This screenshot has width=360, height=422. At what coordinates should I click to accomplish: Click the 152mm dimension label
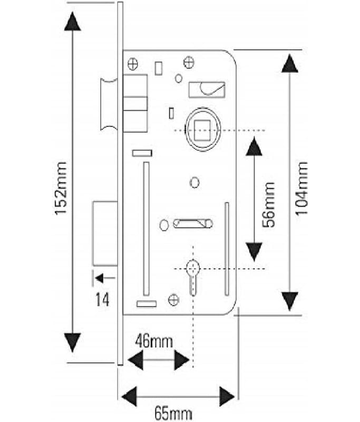[x=61, y=188]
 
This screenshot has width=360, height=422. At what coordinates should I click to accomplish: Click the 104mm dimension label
[x=301, y=188]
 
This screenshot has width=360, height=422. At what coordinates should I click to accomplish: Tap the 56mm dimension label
[x=269, y=205]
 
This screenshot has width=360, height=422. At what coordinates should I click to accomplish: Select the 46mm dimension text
[x=154, y=341]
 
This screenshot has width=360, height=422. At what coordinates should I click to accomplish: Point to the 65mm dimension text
[x=173, y=413]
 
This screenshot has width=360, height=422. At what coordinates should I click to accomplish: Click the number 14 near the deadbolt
[x=102, y=300]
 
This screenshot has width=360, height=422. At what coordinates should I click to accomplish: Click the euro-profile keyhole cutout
[x=193, y=278]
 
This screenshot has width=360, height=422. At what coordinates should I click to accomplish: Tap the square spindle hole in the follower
[x=202, y=130]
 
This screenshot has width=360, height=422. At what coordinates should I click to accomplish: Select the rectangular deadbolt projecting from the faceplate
[x=105, y=233]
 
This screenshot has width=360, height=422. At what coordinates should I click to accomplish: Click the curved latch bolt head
[x=109, y=104]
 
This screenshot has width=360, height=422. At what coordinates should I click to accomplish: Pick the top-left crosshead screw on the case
[x=133, y=64]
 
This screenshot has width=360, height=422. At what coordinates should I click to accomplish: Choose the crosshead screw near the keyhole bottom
[x=173, y=300]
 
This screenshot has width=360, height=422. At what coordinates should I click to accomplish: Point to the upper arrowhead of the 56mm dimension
[x=254, y=146]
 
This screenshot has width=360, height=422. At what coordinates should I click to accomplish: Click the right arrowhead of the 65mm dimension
[x=227, y=397]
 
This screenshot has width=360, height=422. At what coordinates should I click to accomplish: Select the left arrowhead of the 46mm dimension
[x=135, y=360]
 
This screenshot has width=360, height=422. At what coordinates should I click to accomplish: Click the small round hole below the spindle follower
[x=194, y=183]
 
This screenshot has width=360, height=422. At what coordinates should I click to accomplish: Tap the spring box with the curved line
[x=207, y=90]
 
